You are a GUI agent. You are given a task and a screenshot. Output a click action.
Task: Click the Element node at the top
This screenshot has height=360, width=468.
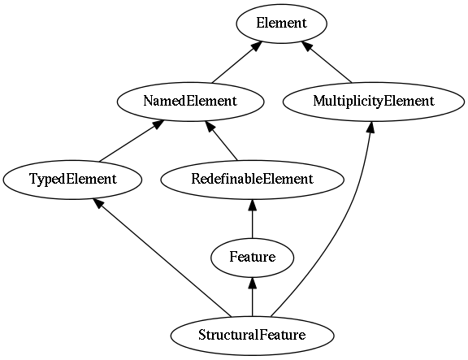[x=281, y=24]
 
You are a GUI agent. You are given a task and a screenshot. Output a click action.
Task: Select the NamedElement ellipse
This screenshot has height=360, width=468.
[x=190, y=102]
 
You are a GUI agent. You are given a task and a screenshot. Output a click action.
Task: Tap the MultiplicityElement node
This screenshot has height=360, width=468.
[x=374, y=102]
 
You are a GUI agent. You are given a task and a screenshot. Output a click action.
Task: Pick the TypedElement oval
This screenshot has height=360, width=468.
[x=72, y=180]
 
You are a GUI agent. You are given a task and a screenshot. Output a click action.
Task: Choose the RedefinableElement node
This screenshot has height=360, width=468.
[x=253, y=180]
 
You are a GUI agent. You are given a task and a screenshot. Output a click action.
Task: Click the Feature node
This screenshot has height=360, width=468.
[x=253, y=258]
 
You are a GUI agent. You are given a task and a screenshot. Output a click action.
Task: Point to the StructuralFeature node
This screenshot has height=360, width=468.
[x=253, y=336]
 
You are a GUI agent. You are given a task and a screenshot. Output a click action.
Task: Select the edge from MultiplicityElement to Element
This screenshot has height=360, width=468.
[x=327, y=63]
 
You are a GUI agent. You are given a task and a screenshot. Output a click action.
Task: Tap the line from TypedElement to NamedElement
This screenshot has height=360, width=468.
[x=132, y=141]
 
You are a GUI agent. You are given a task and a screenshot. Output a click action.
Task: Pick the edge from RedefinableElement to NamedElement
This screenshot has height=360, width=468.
[x=221, y=141]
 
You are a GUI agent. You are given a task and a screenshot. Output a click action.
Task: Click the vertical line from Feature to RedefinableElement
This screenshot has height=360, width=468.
[x=253, y=219]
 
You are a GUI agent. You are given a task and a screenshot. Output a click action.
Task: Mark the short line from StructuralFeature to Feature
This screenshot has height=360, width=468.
[x=253, y=297]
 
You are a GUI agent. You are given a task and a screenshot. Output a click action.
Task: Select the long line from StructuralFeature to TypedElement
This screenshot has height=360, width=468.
[x=162, y=258]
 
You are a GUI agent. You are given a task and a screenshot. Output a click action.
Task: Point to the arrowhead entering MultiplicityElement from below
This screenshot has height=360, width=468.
[x=370, y=127]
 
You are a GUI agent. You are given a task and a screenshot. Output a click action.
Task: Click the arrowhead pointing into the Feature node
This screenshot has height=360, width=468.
[x=253, y=283]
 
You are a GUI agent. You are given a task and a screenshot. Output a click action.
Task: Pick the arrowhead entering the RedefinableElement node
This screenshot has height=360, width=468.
[x=253, y=205]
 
